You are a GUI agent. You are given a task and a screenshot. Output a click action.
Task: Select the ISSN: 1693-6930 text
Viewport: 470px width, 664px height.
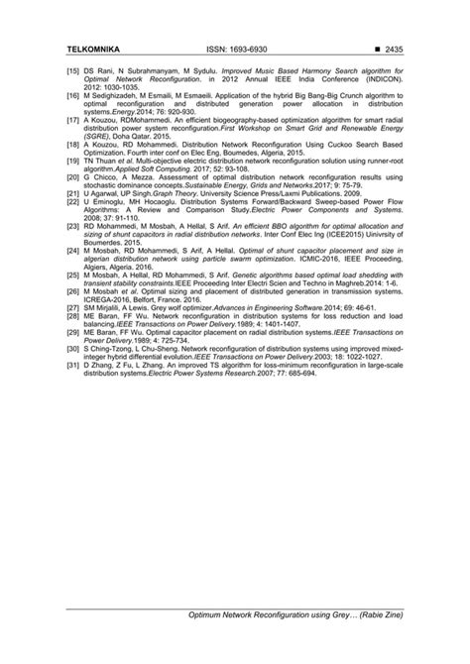click(238, 49)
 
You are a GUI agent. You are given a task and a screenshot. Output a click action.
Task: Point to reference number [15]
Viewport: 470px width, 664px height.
click(73, 72)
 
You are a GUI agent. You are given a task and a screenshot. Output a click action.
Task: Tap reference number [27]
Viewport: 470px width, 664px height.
click(73, 308)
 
